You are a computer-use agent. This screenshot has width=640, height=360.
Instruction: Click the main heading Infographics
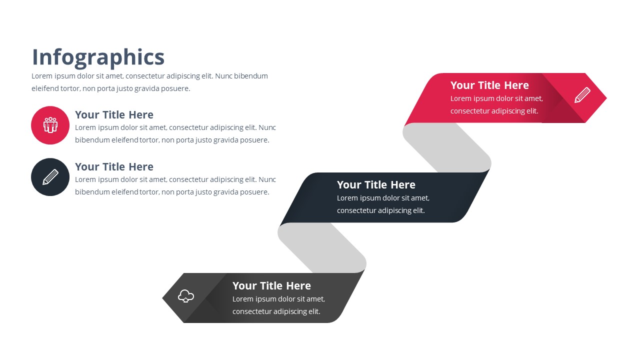tap(98, 57)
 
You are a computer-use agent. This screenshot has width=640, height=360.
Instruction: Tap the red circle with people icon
tap(50, 125)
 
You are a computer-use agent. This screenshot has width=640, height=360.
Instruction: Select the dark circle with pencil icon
tap(50, 177)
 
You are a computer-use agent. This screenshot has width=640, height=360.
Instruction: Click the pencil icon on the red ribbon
tap(582, 95)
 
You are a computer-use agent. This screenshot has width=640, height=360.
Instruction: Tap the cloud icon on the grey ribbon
tap(186, 296)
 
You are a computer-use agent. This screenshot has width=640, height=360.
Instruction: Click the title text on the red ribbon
tap(489, 85)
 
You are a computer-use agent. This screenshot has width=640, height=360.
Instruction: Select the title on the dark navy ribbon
tap(376, 184)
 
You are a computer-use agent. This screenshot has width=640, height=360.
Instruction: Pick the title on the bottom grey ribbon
tap(271, 285)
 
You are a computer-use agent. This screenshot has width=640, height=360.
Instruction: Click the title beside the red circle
tap(114, 114)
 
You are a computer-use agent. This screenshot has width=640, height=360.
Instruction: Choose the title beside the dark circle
tap(114, 166)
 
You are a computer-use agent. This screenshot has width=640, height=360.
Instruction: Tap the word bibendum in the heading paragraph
tap(251, 76)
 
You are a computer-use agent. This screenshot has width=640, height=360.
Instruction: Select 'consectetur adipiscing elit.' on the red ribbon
tap(494, 111)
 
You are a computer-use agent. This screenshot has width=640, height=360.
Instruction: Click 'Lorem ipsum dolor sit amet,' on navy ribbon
tap(383, 198)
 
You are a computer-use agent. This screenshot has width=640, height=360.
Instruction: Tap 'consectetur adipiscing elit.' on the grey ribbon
tap(276, 311)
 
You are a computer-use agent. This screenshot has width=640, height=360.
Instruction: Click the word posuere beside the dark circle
tap(255, 192)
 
